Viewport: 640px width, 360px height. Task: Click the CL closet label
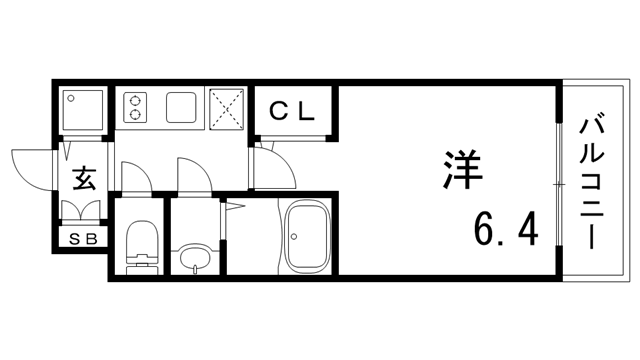292,111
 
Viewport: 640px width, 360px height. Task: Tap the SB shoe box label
83,239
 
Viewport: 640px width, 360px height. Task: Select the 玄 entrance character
84,178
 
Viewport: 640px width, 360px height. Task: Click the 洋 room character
462,169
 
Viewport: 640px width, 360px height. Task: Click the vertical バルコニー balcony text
591,183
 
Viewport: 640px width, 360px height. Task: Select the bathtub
307,236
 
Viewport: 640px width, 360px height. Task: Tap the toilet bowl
142,238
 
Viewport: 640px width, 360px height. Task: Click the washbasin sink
195,257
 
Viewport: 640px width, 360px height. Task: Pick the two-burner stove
135,107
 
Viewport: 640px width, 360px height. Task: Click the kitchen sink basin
181,107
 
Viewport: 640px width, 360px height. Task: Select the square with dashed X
226,109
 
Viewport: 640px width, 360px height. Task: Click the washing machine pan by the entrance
82,110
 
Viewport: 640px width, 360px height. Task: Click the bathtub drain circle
294,236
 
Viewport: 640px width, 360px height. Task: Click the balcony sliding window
560,183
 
